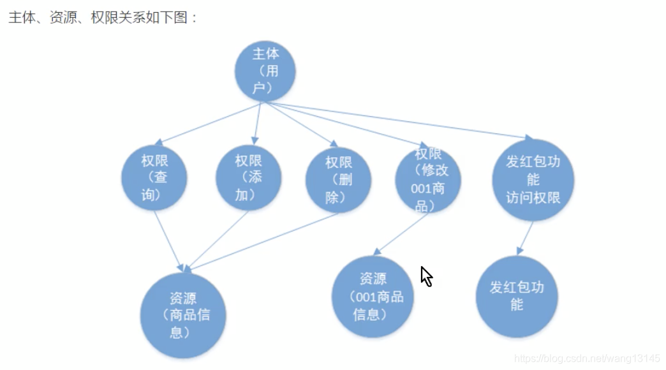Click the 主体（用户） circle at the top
[x=265, y=71]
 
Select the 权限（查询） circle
[x=154, y=178]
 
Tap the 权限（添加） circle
[x=248, y=177]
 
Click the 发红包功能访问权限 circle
[x=533, y=180]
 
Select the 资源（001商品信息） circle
[x=373, y=296]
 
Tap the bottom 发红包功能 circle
[x=517, y=296]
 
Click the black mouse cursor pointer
[x=426, y=276]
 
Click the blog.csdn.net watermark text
[x=587, y=359]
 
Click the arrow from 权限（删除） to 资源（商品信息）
[x=268, y=239]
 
